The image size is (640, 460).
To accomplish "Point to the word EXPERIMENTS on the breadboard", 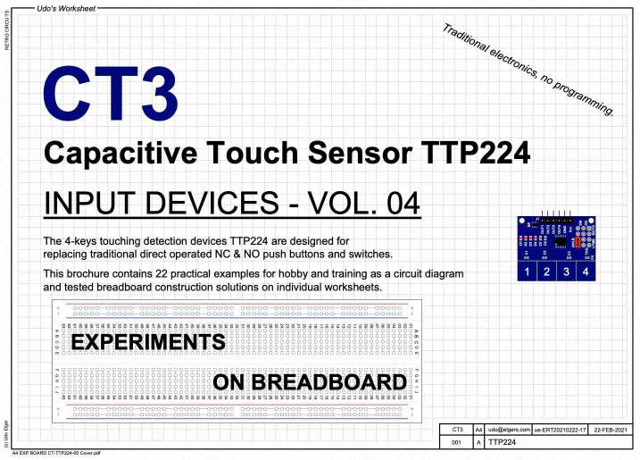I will coord(147,343).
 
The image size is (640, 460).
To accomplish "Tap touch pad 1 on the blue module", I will coord(527,271).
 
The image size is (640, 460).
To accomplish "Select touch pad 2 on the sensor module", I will coord(546,271).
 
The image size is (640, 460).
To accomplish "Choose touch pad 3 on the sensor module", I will coord(567,271).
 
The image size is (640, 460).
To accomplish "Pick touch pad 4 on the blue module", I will coord(586,271).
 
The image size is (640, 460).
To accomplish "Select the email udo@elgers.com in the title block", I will coord(509,430).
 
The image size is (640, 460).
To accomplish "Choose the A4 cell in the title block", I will coord(479,430).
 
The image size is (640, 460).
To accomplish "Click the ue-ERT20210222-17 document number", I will coord(560,430).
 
